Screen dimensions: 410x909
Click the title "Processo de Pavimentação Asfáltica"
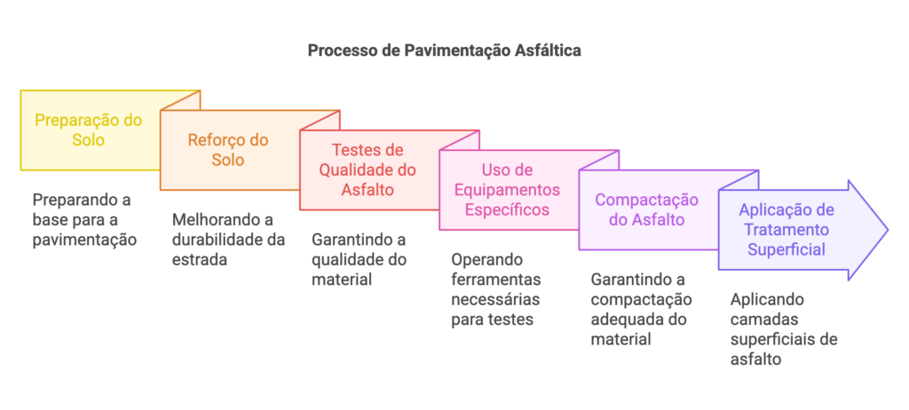coord(444,51)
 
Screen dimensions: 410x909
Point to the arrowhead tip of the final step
coord(886,230)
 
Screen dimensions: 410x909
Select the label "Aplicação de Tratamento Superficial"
coord(786,230)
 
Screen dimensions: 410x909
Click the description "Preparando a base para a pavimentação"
coord(83,218)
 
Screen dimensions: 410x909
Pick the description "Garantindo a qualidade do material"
coord(359,259)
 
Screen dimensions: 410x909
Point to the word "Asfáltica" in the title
coord(549,51)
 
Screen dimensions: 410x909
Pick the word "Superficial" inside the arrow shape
coord(786,249)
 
